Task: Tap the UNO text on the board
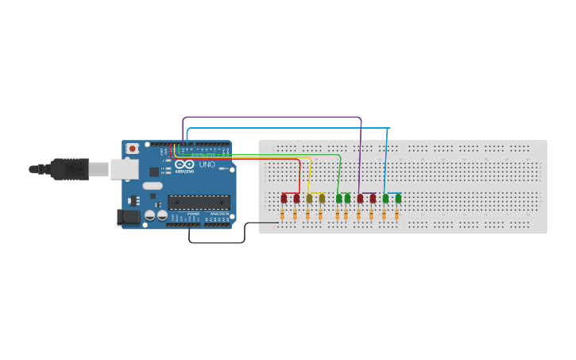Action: [x=207, y=165]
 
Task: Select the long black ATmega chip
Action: [x=199, y=202]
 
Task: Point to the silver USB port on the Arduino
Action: [x=123, y=168]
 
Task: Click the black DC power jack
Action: [x=126, y=217]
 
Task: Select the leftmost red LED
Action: [x=284, y=198]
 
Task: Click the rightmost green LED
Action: [x=398, y=198]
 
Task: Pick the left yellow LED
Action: [x=309, y=198]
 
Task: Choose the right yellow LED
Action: [x=322, y=198]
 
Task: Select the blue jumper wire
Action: [x=286, y=128]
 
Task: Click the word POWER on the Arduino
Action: [x=193, y=214]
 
